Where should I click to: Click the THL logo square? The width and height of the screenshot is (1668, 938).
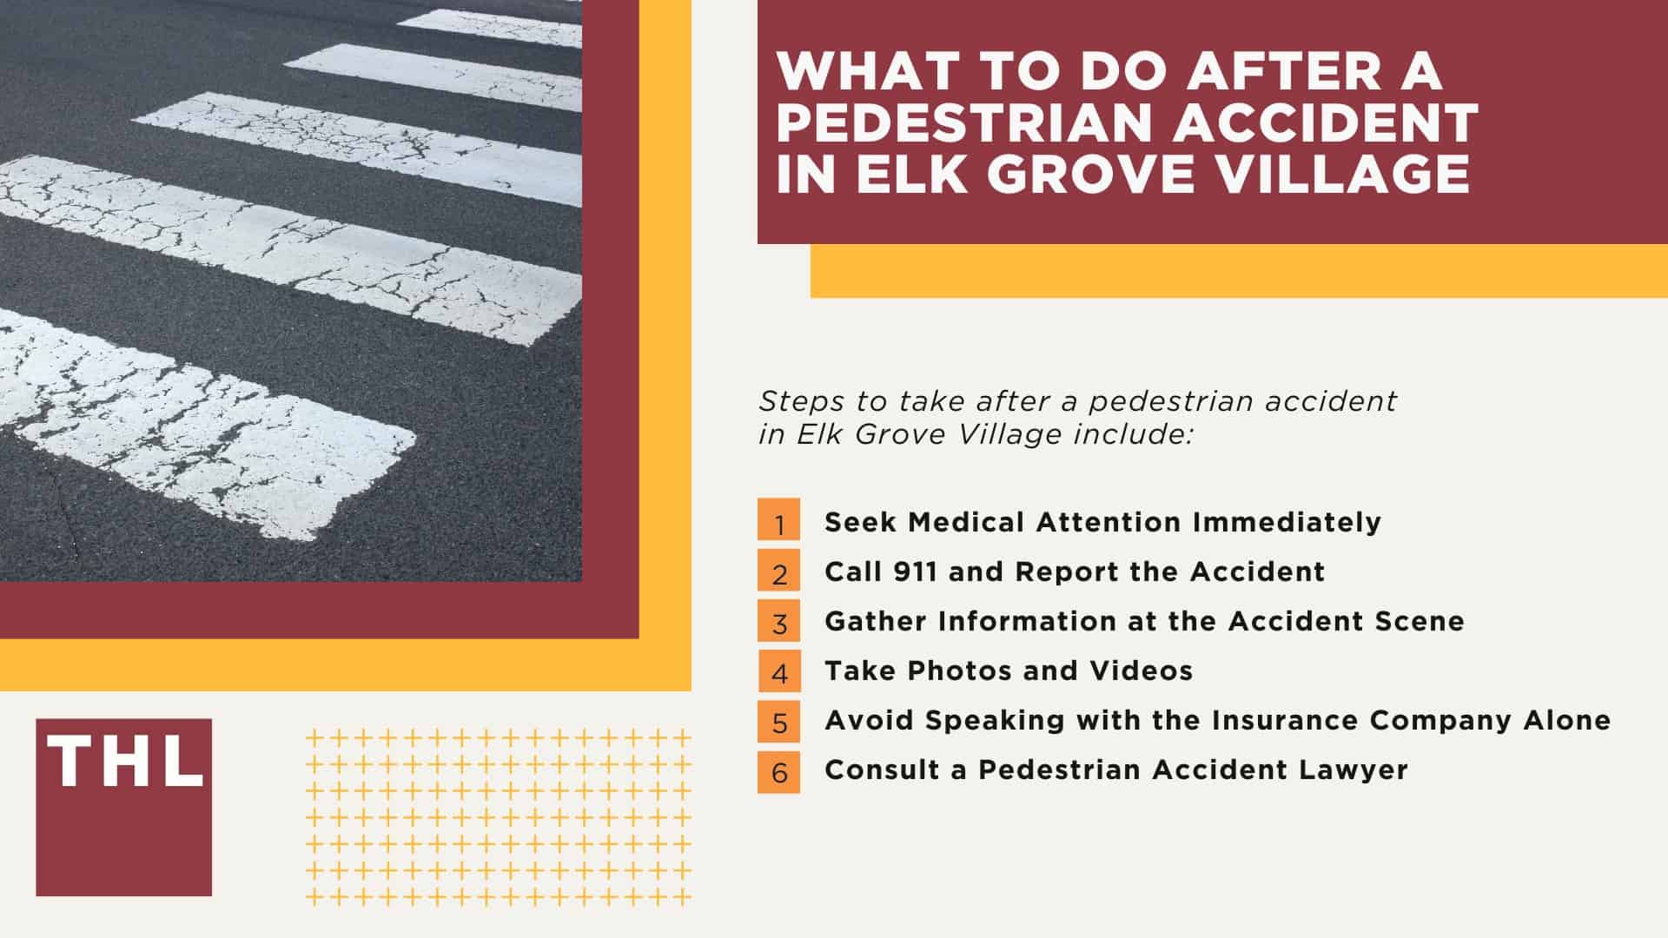(x=123, y=807)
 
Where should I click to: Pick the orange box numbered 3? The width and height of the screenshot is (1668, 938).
(x=779, y=620)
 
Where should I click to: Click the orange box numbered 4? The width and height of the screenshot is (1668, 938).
(x=779, y=670)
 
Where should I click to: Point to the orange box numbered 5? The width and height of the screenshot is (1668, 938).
(x=779, y=720)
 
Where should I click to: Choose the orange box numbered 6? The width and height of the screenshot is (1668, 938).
(x=779, y=770)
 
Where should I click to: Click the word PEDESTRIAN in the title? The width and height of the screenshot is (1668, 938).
(x=965, y=122)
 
